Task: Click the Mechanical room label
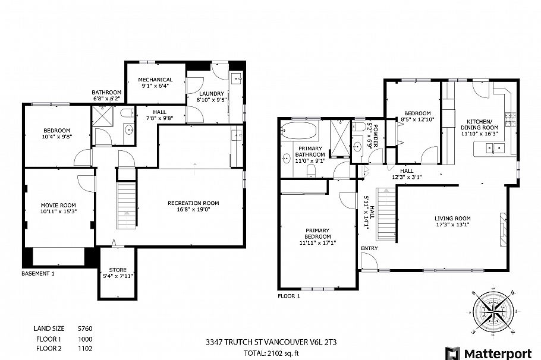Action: (155, 80)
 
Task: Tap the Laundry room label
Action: (211, 93)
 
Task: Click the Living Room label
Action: (452, 218)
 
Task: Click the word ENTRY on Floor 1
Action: (369, 248)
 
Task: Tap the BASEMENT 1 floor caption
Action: (37, 274)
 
